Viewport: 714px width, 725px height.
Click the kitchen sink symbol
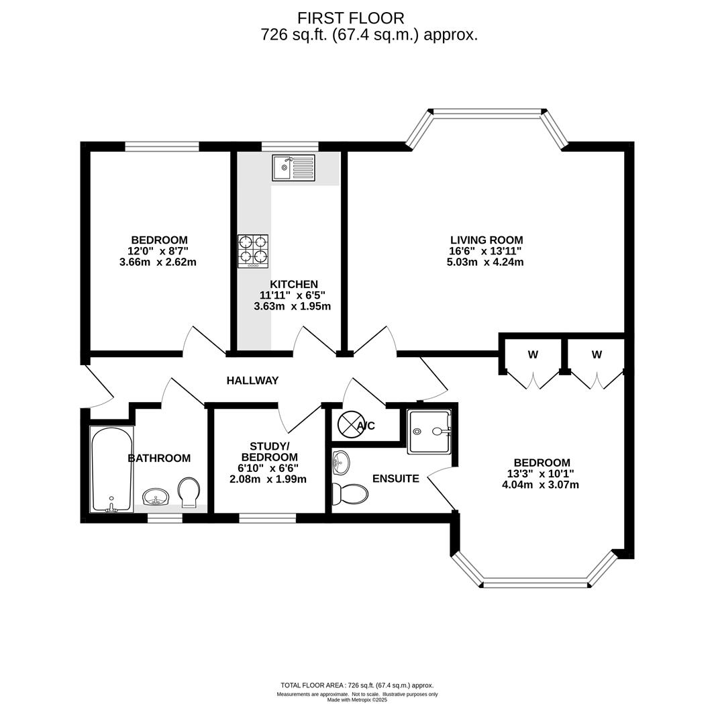tap(293, 167)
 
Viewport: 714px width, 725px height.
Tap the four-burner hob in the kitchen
tap(253, 251)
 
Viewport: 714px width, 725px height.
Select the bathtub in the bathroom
tap(111, 469)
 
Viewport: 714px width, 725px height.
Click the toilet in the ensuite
tap(350, 494)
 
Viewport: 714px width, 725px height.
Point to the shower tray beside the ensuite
tap(429, 432)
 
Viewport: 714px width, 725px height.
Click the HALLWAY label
tap(252, 381)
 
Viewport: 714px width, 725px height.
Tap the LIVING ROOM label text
tap(487, 240)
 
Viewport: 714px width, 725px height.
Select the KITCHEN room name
tap(294, 285)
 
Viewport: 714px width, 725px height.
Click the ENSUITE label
tap(396, 479)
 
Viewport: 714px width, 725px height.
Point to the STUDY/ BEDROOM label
tap(268, 452)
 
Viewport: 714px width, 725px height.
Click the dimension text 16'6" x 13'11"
tap(485, 251)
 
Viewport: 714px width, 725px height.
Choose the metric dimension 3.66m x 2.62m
tap(158, 262)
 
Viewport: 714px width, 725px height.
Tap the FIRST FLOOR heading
tap(351, 18)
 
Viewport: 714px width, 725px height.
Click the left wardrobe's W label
tap(533, 354)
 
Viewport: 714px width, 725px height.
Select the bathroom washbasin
tap(156, 497)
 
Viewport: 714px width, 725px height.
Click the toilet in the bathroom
tap(189, 493)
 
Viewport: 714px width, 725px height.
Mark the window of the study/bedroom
tap(268, 518)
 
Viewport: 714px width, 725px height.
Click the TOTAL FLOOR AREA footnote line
tap(357, 685)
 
